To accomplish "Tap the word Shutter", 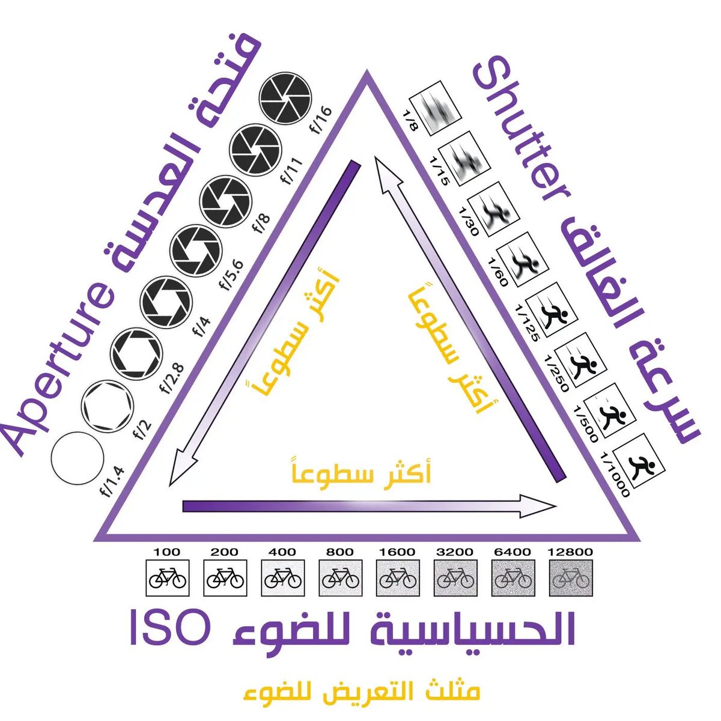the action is [x=522, y=137].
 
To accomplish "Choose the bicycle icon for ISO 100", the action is [x=168, y=578].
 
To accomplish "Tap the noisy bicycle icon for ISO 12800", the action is [x=571, y=578].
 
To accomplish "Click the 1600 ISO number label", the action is [x=397, y=552].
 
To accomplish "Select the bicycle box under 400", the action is [x=282, y=578].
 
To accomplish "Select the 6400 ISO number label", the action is [x=513, y=552].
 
